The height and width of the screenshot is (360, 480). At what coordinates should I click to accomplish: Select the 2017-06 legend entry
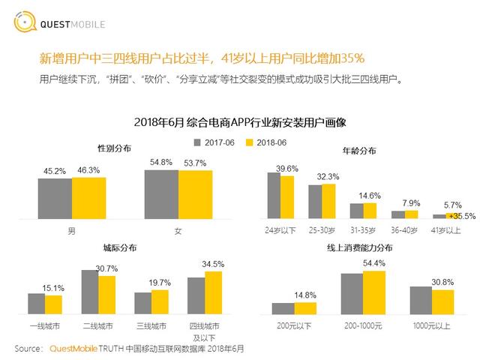216,142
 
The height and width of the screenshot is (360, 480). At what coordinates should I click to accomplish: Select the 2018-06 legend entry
266,142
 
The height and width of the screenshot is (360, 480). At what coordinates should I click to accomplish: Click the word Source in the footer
28,349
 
